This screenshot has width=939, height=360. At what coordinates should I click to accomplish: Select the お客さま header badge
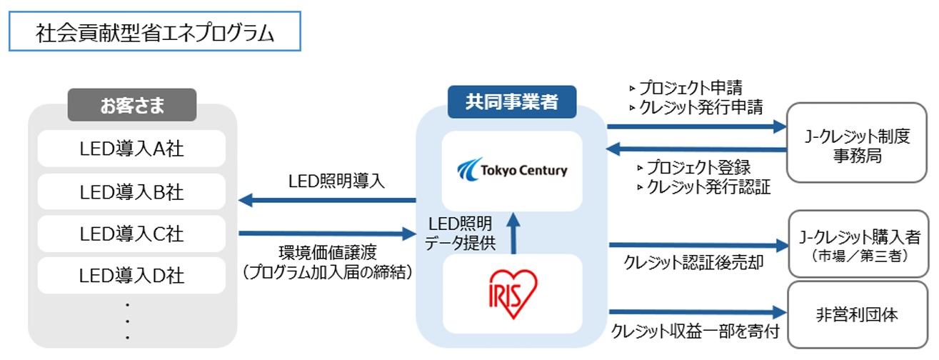tap(131, 106)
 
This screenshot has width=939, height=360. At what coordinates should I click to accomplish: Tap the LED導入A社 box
tap(131, 149)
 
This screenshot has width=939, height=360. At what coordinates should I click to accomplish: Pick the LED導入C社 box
tap(131, 234)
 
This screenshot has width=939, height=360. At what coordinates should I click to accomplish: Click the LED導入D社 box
tap(131, 275)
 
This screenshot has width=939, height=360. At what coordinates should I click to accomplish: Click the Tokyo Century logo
tap(511, 170)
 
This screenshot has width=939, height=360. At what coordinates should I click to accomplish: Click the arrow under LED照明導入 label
tap(327, 201)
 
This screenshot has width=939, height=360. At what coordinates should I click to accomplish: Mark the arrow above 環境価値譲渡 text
tap(327, 233)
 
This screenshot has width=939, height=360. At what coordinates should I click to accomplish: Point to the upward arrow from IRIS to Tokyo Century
tap(512, 233)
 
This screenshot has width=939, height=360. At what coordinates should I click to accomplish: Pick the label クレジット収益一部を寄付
tap(694, 331)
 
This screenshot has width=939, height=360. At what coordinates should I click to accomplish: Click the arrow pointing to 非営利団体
tap(693, 312)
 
